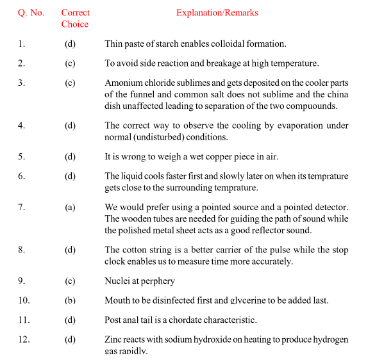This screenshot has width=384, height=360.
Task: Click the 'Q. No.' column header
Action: [31, 13]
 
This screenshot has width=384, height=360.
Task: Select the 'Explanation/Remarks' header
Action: [217, 13]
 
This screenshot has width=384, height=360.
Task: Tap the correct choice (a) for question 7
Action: [70, 208]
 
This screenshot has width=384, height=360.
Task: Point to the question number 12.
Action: [24, 340]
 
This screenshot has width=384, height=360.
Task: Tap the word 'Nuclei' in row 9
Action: [117, 281]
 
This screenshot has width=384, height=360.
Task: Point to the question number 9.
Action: [21, 281]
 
